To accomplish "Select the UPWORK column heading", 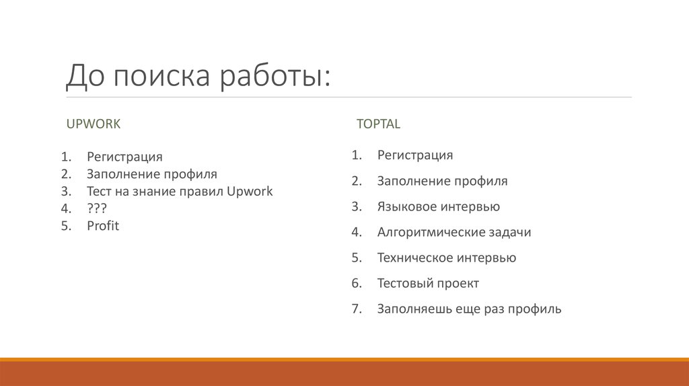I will [x=93, y=124].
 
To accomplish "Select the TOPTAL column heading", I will [x=378, y=124].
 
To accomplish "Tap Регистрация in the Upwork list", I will [x=124, y=157].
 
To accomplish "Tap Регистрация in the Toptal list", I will [x=414, y=155].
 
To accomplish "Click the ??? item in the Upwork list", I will [x=96, y=208].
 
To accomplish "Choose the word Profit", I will [x=102, y=226].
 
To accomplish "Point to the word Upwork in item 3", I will [x=250, y=192].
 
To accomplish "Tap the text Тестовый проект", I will [x=428, y=284].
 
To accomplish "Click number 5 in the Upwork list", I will [x=65, y=226].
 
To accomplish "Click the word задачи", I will [x=509, y=233].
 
